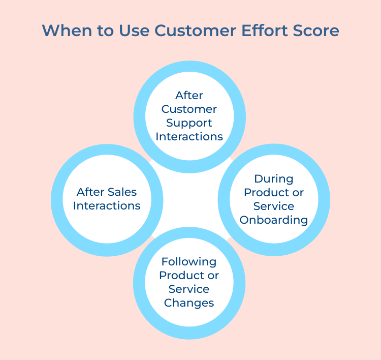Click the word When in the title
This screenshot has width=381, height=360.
(65, 31)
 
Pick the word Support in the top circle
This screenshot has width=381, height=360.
(189, 123)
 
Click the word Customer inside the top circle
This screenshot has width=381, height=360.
(189, 109)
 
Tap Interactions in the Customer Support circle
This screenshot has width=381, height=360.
(189, 136)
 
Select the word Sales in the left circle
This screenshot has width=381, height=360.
(122, 192)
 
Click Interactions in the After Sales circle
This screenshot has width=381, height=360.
(107, 205)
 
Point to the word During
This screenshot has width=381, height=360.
(274, 178)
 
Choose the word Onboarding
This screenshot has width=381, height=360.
(274, 220)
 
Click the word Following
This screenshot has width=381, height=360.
(189, 261)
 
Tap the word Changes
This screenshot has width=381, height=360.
(189, 303)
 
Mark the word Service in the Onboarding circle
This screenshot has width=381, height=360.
(274, 206)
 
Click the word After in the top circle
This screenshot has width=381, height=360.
(189, 95)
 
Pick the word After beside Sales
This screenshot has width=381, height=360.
(90, 192)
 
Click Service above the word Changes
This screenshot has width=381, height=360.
(189, 289)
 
